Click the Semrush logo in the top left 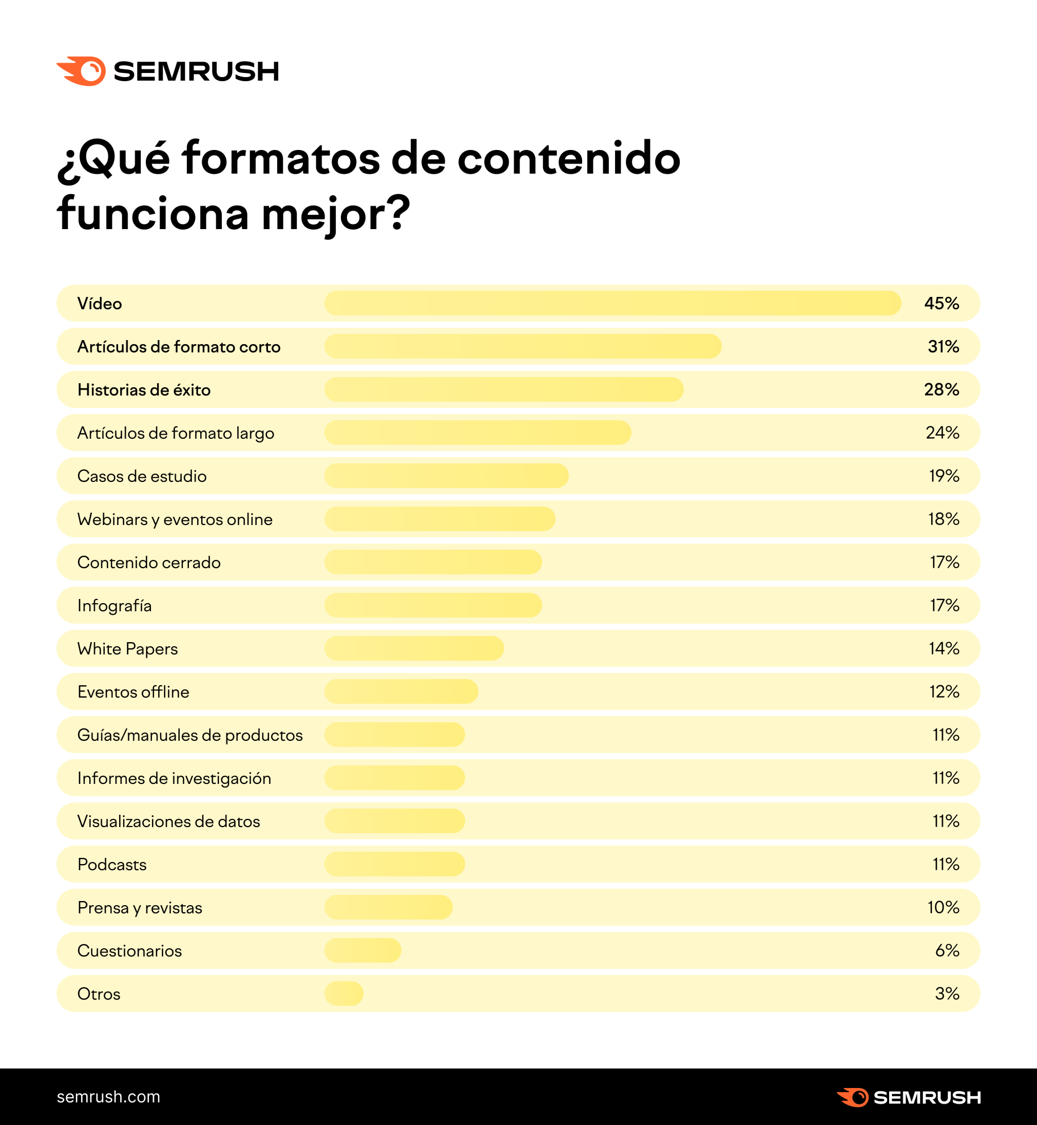[x=167, y=71]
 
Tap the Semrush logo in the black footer [x=908, y=1097]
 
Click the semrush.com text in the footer [x=108, y=1097]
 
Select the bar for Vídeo [x=612, y=303]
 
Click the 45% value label [x=941, y=303]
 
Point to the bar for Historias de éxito [x=503, y=389]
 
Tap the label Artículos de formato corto [x=179, y=347]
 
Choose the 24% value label [x=942, y=433]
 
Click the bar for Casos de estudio [x=446, y=476]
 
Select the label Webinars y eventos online [x=175, y=519]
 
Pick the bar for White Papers [x=414, y=648]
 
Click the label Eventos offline [x=133, y=691]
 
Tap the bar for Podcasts [x=394, y=864]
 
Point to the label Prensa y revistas [x=139, y=907]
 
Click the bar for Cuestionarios [x=362, y=950]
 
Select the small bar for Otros [x=343, y=993]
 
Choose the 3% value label [x=947, y=993]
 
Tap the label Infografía [x=114, y=606]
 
